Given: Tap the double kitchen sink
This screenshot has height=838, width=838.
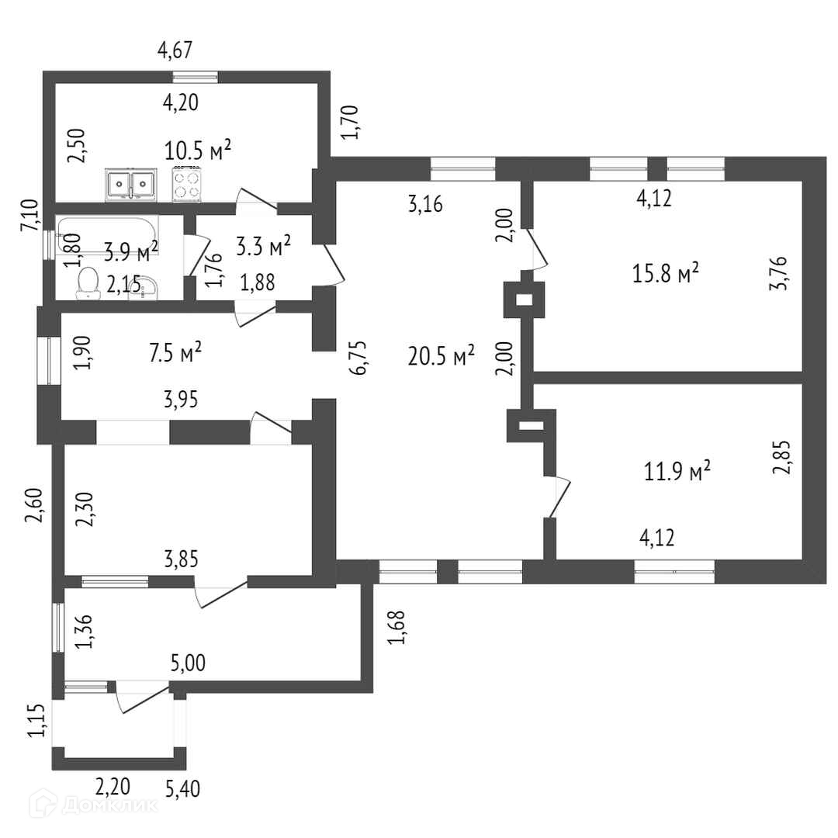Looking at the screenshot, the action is click(x=129, y=185).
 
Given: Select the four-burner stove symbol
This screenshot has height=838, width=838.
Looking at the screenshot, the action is click(x=185, y=185).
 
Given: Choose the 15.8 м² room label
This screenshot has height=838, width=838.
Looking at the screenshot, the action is click(x=667, y=273).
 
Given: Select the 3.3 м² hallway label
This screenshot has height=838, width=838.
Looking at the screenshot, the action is click(x=263, y=248).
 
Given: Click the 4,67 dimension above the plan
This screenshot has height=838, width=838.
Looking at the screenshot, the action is click(x=175, y=51).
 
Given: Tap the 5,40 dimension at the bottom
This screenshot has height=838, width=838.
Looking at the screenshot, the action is click(x=183, y=789).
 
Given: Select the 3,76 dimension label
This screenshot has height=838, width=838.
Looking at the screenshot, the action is click(x=781, y=273).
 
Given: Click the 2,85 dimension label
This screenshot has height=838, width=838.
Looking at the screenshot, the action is click(x=785, y=458).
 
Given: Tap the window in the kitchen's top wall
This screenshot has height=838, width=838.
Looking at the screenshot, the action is click(x=195, y=77).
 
